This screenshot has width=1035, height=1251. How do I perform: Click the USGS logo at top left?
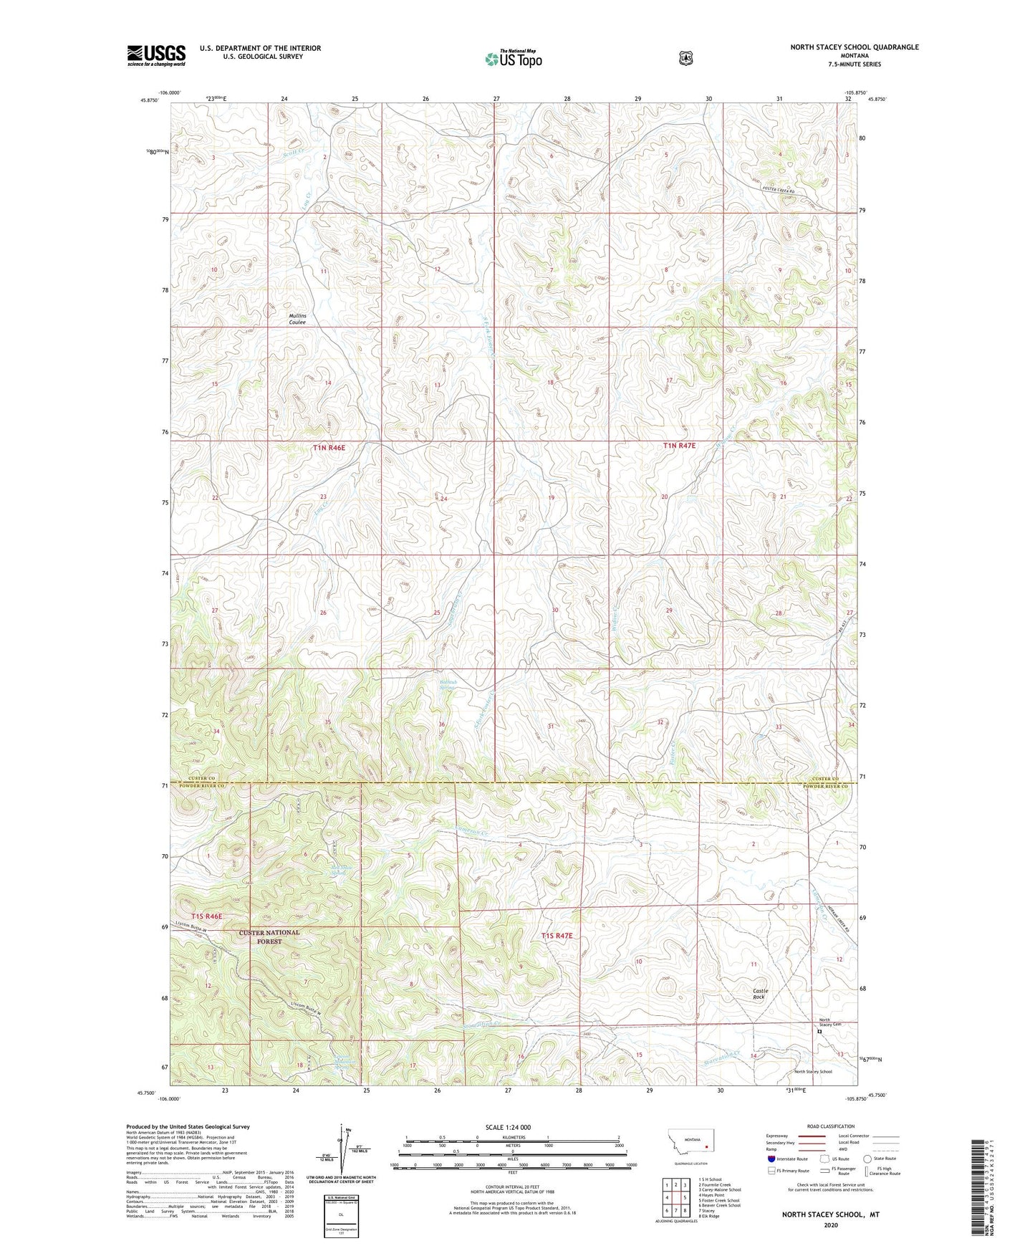tap(156, 55)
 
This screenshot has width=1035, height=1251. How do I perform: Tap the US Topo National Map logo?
tap(512, 59)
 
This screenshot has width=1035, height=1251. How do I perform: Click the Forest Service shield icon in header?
tap(685, 58)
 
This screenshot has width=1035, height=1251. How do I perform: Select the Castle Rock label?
tap(759, 994)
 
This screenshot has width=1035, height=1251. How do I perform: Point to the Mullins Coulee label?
tap(297, 319)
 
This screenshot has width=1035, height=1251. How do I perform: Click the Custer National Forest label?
tap(269, 936)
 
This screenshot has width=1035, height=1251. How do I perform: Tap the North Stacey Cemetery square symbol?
tap(819, 1032)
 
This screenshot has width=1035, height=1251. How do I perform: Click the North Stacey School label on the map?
tap(813, 1072)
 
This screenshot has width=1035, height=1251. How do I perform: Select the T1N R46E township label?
tap(329, 448)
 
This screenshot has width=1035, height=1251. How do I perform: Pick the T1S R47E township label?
tap(557, 936)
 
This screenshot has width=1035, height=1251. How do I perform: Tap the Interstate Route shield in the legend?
tap(771, 1158)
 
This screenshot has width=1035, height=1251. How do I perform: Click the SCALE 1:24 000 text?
tap(508, 1127)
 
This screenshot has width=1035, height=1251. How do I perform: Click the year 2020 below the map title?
tap(830, 1224)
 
